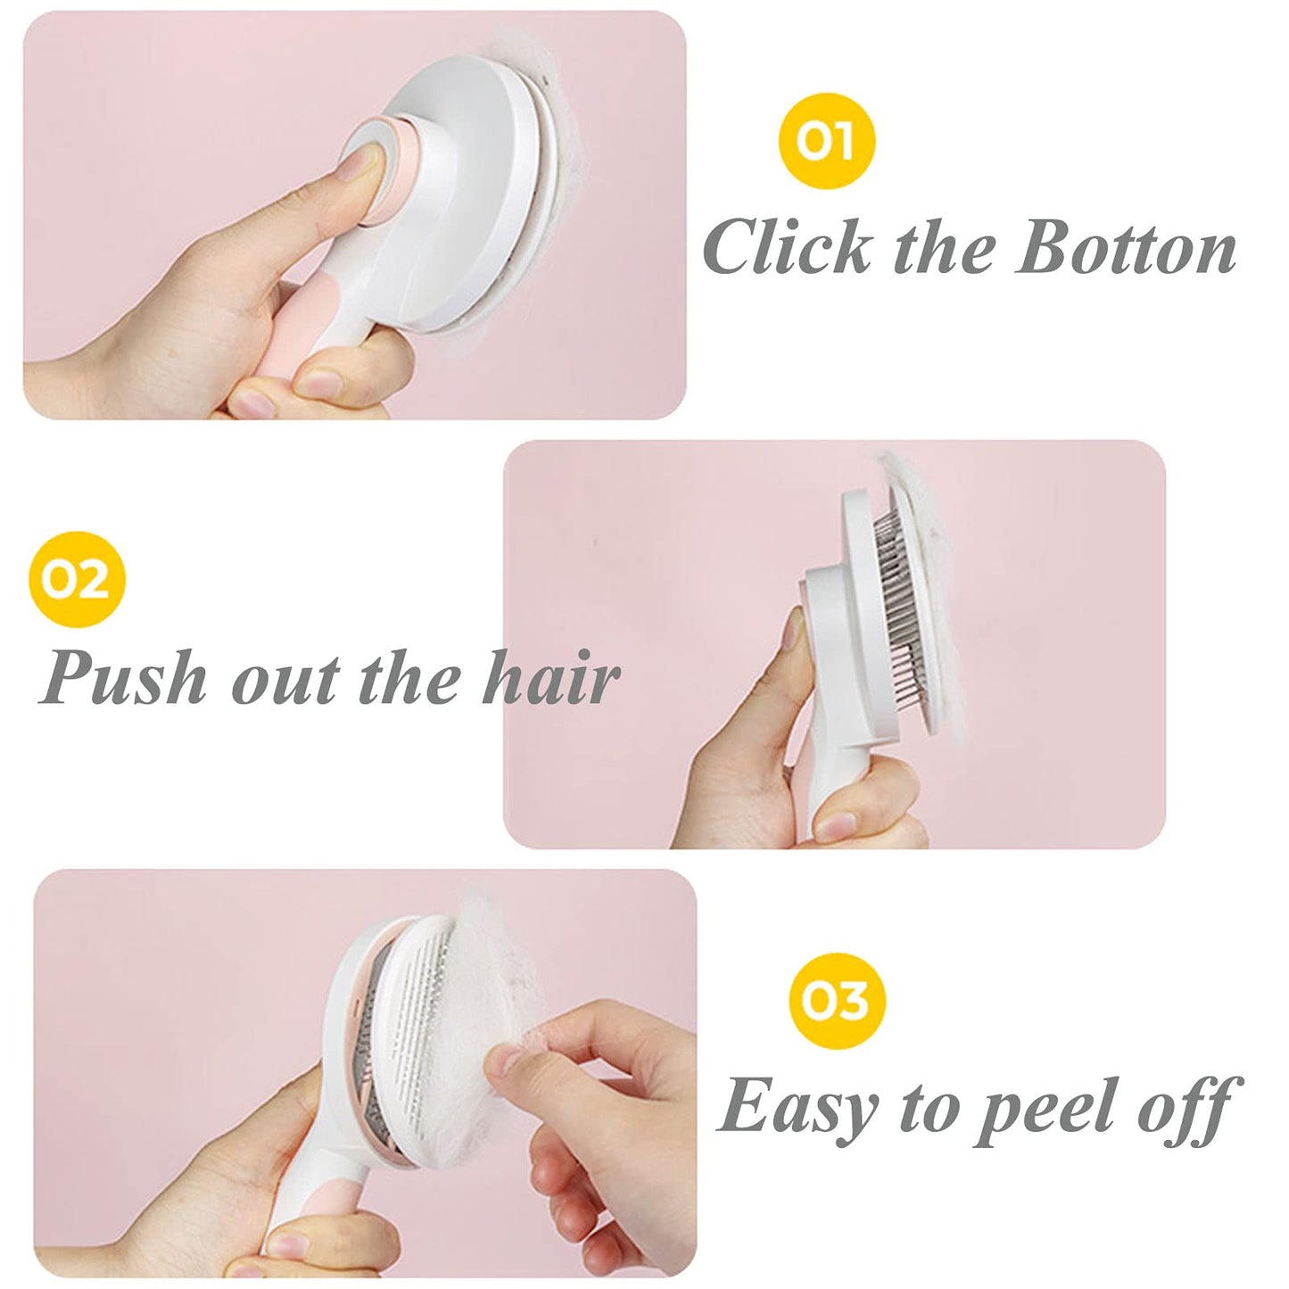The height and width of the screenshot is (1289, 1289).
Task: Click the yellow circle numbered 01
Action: point(826,141)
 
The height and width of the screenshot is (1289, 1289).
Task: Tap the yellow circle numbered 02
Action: point(77,580)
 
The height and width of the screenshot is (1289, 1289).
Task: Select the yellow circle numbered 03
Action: point(838,1001)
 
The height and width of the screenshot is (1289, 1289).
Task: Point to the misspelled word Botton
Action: point(1126,248)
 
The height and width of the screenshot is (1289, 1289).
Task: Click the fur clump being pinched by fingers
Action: point(500,999)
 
